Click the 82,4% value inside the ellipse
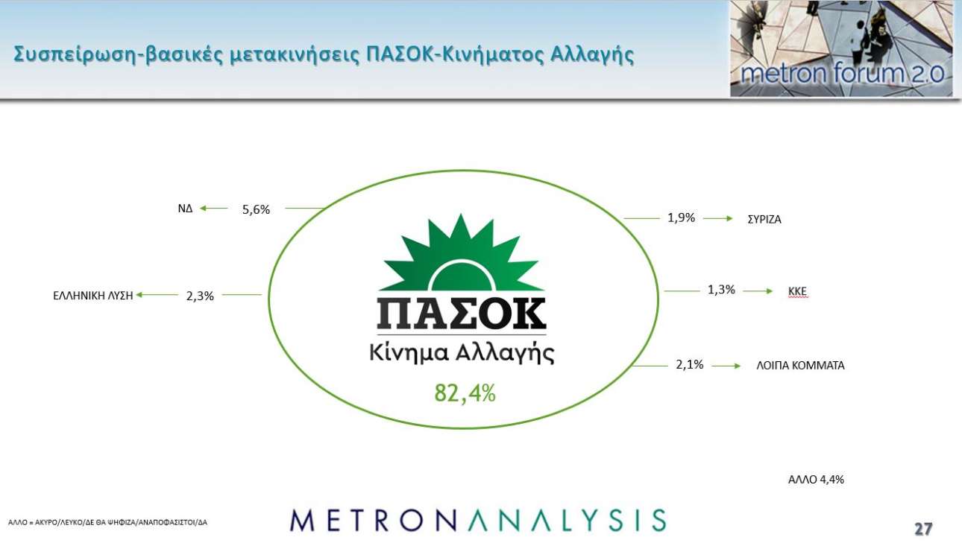[x=465, y=393]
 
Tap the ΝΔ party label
[x=185, y=209]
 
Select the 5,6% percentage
[x=256, y=209]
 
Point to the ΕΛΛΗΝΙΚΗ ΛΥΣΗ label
[x=92, y=296]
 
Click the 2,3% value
[x=200, y=296]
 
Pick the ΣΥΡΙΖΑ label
[x=764, y=220]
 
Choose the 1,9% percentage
[x=681, y=218]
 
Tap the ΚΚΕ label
[x=797, y=292]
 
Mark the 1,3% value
[x=722, y=290]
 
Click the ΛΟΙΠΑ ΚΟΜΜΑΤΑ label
[x=800, y=366]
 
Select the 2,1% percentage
[x=690, y=364]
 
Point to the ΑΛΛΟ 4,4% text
[x=816, y=480]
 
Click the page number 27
[x=923, y=529]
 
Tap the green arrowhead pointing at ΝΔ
[x=204, y=209]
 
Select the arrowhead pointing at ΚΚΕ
[x=769, y=291]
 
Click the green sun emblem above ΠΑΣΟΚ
[x=462, y=254]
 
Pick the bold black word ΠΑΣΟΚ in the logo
[x=462, y=314]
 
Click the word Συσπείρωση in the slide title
[x=75, y=55]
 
